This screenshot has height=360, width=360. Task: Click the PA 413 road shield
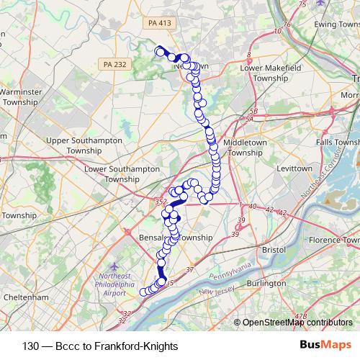click(x=159, y=24)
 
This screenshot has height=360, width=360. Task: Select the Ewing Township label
click(x=336, y=24)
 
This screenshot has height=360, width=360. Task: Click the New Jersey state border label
click(x=219, y=292)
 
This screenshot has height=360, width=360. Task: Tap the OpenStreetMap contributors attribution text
click(x=297, y=323)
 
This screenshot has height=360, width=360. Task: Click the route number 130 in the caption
click(x=31, y=346)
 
